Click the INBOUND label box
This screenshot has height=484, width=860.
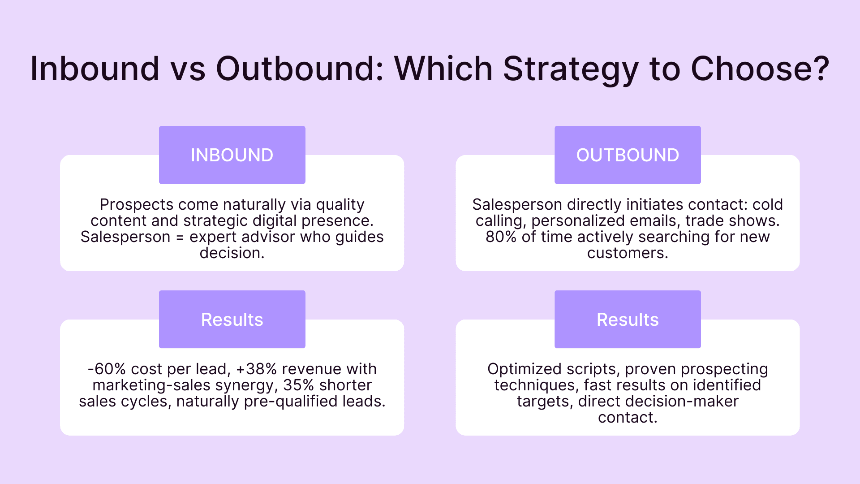232,155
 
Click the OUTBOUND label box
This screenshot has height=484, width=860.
628,155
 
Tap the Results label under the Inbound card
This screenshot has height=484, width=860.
232,320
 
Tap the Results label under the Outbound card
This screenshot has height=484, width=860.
628,320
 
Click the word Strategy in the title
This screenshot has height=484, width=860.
571,69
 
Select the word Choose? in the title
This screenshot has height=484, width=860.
760,69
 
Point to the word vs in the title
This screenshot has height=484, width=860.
188,69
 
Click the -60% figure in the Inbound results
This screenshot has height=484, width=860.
107,369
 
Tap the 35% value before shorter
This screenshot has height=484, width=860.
298,385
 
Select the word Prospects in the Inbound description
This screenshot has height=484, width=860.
137,204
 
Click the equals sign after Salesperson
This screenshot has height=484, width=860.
180,238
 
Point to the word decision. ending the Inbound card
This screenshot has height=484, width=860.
232,253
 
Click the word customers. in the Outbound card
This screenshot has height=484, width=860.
628,253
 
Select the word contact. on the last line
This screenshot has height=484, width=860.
628,417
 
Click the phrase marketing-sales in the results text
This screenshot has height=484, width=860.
152,385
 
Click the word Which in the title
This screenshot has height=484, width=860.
443,69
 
